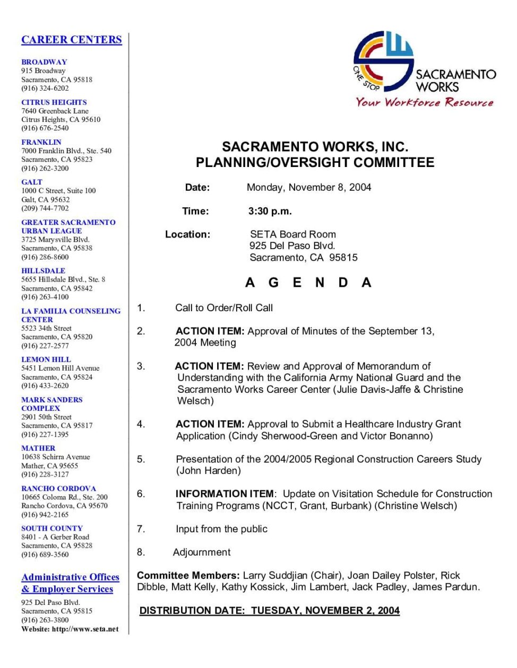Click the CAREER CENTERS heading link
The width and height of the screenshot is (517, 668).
click(x=71, y=40)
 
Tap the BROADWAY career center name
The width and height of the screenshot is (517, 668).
click(x=44, y=61)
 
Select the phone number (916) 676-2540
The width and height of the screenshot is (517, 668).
click(x=45, y=128)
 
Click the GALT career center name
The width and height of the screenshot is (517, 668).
click(x=32, y=182)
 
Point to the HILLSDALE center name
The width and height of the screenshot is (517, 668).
click(x=43, y=270)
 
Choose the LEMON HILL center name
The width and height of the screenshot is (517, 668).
click(x=46, y=359)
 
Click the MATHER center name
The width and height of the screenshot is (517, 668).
click(x=38, y=448)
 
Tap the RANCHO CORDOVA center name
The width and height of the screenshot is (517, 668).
click(x=58, y=488)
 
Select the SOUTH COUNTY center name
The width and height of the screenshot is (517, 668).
click(x=52, y=528)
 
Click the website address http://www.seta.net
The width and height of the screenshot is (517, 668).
click(x=85, y=629)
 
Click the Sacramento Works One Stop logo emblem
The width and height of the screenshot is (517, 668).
click(x=383, y=61)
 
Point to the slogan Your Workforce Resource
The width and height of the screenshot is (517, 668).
click(x=424, y=102)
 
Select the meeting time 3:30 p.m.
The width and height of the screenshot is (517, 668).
click(x=270, y=211)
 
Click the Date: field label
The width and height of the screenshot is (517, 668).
click(x=197, y=187)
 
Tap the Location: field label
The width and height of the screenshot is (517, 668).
click(x=187, y=234)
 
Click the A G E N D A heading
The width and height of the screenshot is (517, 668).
click(x=308, y=283)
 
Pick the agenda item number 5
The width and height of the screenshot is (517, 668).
click(x=141, y=459)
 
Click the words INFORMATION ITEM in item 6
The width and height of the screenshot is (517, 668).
click(x=225, y=494)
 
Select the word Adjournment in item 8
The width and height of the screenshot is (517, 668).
click(x=202, y=552)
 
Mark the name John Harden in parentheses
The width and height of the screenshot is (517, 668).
click(x=209, y=471)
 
